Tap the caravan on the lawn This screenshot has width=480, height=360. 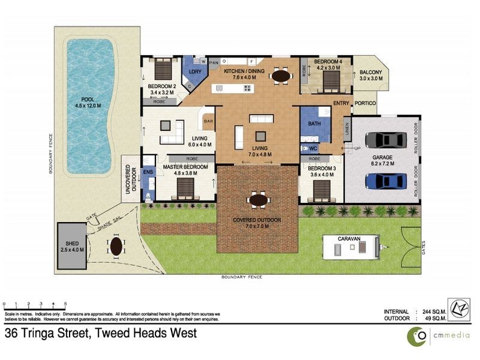350,248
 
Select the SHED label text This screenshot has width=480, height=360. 71,244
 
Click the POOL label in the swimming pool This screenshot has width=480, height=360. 88,100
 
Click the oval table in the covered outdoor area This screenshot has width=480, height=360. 258,200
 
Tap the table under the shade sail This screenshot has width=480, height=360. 115,245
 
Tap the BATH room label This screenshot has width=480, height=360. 314,124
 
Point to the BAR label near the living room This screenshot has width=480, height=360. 209,121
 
